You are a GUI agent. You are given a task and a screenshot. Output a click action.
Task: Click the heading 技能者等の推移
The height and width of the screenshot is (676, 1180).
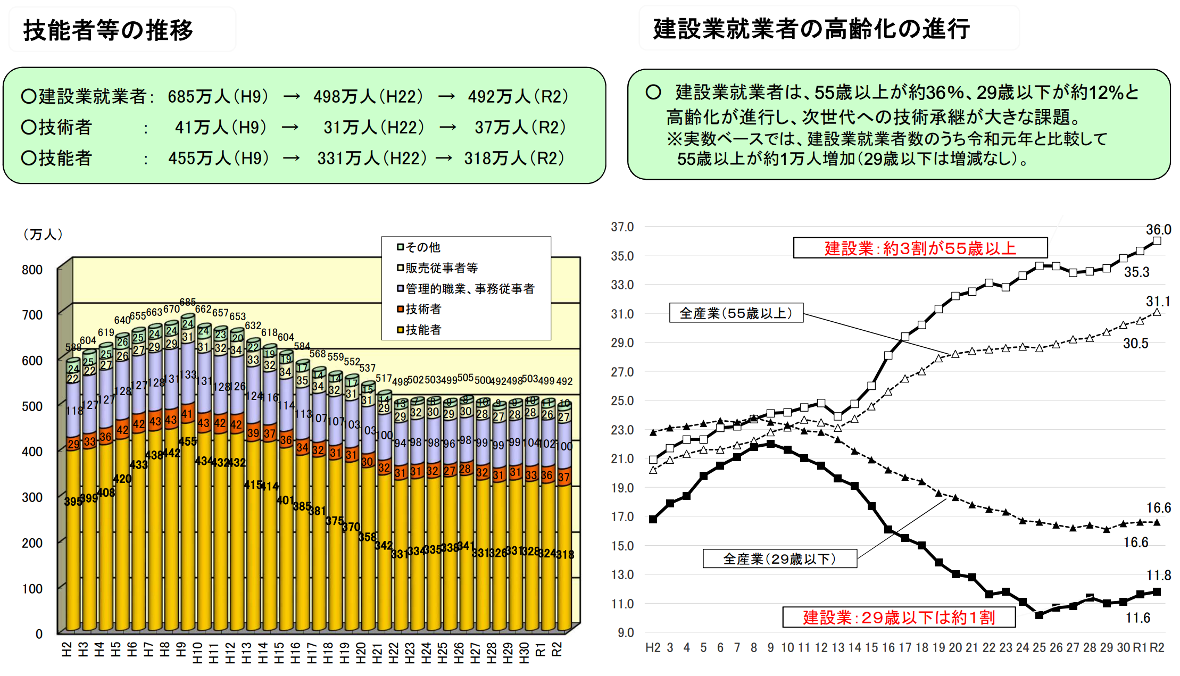tap(108, 30)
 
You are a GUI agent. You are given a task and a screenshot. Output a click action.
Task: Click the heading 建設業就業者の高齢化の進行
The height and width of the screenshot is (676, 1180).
tap(811, 29)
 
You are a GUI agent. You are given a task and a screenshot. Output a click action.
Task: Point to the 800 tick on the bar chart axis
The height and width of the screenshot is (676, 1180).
tap(32, 270)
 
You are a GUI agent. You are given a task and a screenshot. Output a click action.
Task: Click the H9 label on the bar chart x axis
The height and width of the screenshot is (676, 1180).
tap(181, 649)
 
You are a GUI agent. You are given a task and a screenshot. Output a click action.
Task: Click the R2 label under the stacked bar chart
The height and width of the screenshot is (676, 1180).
tap(556, 649)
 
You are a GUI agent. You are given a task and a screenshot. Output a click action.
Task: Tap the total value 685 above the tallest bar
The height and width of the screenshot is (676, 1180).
tap(187, 302)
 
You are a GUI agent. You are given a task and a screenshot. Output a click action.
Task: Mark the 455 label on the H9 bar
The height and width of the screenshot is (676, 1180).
tap(187, 441)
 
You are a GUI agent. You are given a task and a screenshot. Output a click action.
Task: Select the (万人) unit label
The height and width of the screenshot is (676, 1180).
tap(43, 235)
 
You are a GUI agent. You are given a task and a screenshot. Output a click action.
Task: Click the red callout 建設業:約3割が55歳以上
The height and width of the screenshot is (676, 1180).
tap(920, 248)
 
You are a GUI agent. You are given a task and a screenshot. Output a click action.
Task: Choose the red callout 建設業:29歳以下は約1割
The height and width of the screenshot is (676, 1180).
tap(899, 617)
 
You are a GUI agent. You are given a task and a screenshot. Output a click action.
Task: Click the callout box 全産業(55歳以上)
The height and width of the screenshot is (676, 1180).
tap(736, 313)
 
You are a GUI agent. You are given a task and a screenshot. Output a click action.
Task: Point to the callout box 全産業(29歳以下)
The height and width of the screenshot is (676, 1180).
tap(779, 559)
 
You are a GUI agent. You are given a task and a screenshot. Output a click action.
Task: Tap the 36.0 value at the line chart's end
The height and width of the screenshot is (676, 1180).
tap(1158, 229)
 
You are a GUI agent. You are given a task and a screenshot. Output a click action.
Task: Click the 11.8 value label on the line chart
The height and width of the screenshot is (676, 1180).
tap(1158, 575)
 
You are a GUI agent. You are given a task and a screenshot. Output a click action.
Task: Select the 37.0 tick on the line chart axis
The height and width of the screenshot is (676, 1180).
tap(622, 227)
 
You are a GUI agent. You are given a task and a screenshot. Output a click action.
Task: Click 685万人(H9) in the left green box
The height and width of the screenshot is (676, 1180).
tap(218, 97)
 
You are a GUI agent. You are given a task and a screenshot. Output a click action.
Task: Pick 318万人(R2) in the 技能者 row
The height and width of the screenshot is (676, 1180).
tap(514, 158)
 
